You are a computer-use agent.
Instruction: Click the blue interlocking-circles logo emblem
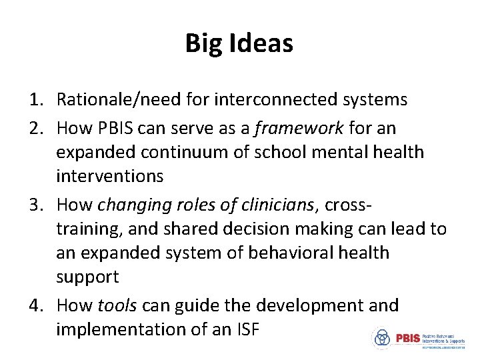pos(382,338)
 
